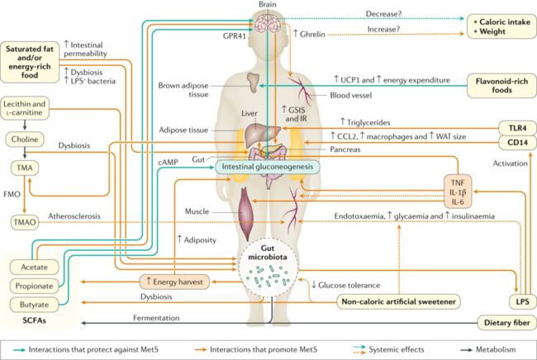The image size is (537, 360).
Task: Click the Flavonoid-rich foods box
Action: pyautogui.click(x=501, y=86)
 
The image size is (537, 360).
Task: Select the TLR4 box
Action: pyautogui.click(x=517, y=128)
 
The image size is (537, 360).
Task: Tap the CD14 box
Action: pyautogui.click(x=517, y=142)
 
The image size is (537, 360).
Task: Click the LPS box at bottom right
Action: pyautogui.click(x=523, y=302)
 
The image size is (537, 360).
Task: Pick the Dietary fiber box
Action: pyautogui.click(x=507, y=323)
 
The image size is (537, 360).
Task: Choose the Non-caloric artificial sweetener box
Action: pyautogui.click(x=398, y=301)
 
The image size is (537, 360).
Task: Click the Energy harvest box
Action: pyautogui.click(x=174, y=282)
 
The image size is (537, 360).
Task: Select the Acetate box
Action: pyautogui.click(x=34, y=267)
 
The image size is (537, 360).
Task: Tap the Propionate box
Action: pyautogui.click(x=34, y=286)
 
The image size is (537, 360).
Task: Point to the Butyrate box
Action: pyautogui.click(x=34, y=304)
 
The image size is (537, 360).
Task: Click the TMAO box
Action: pyautogui.click(x=25, y=222)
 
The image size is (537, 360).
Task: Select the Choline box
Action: pyautogui.click(x=25, y=140)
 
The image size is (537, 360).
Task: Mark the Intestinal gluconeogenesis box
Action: pyautogui.click(x=268, y=167)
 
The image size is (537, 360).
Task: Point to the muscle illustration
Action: pyautogui.click(x=246, y=214)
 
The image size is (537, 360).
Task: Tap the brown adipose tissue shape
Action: pyautogui.click(x=254, y=82)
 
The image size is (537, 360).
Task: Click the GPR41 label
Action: pyautogui.click(x=235, y=36)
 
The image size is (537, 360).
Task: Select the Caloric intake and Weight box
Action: pyautogui.click(x=501, y=26)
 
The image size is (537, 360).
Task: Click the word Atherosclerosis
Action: pyautogui.click(x=74, y=216)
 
